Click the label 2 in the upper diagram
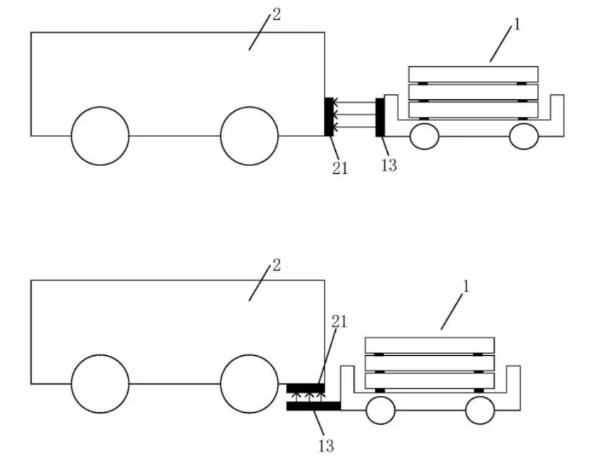(276, 14)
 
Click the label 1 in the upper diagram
(517, 25)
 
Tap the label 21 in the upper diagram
(340, 168)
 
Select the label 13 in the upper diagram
(389, 165)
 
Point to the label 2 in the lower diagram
(276, 265)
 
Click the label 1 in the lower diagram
(465, 286)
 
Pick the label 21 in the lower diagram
(339, 322)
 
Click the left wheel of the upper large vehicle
(100, 136)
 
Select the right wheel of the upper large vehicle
(249, 136)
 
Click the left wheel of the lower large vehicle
(100, 384)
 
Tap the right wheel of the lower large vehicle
(249, 384)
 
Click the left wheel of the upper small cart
(424, 136)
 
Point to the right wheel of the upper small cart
(523, 136)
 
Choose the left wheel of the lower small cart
(381, 410)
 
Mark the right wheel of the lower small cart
(480, 410)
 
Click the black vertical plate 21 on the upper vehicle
(328, 116)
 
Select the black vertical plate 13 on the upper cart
(380, 117)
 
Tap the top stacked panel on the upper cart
(473, 74)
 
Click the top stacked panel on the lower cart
(429, 345)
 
